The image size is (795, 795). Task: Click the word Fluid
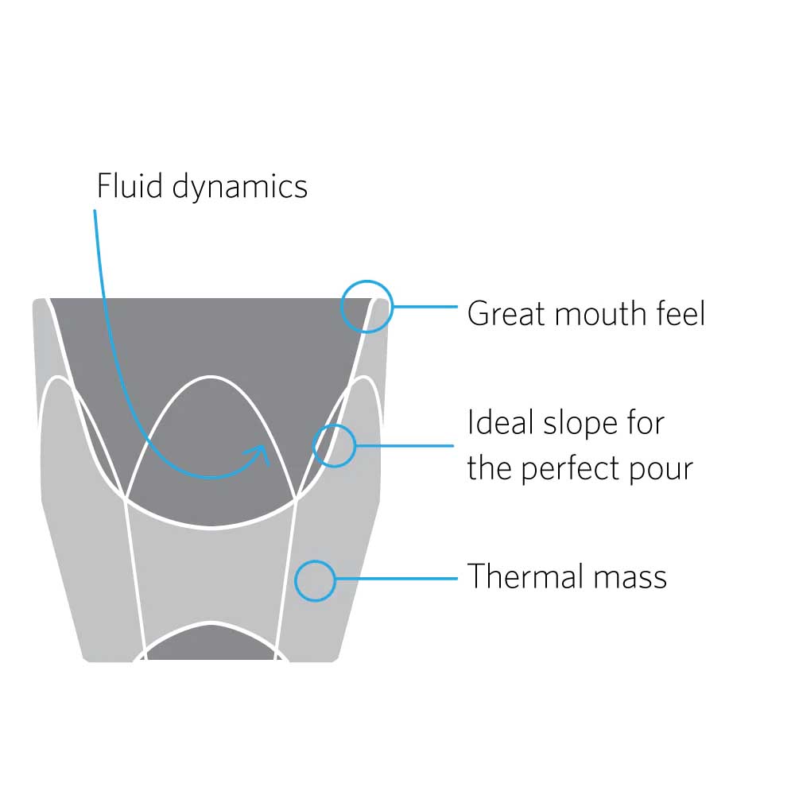tap(130, 185)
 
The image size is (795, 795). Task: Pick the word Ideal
tap(501, 422)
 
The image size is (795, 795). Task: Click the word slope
tap(580, 425)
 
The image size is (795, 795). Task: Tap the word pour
tap(661, 471)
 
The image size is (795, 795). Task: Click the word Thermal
tap(525, 576)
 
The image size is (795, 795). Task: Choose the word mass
tap(630, 580)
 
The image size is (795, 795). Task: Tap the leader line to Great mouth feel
tap(425, 307)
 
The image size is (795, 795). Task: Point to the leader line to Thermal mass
tap(397, 579)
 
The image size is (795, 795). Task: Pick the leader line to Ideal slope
tap(405, 446)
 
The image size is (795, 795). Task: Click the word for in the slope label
tap(646, 422)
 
